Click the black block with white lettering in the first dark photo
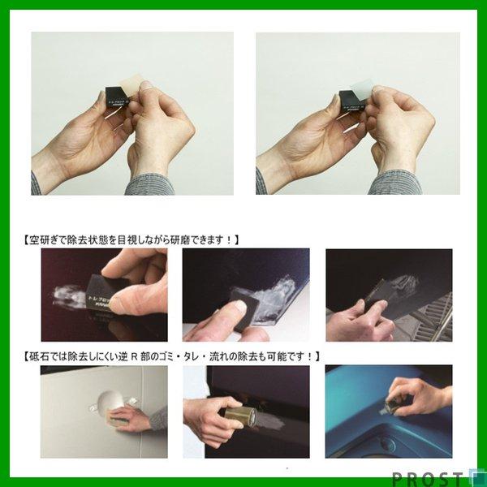[97, 301]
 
